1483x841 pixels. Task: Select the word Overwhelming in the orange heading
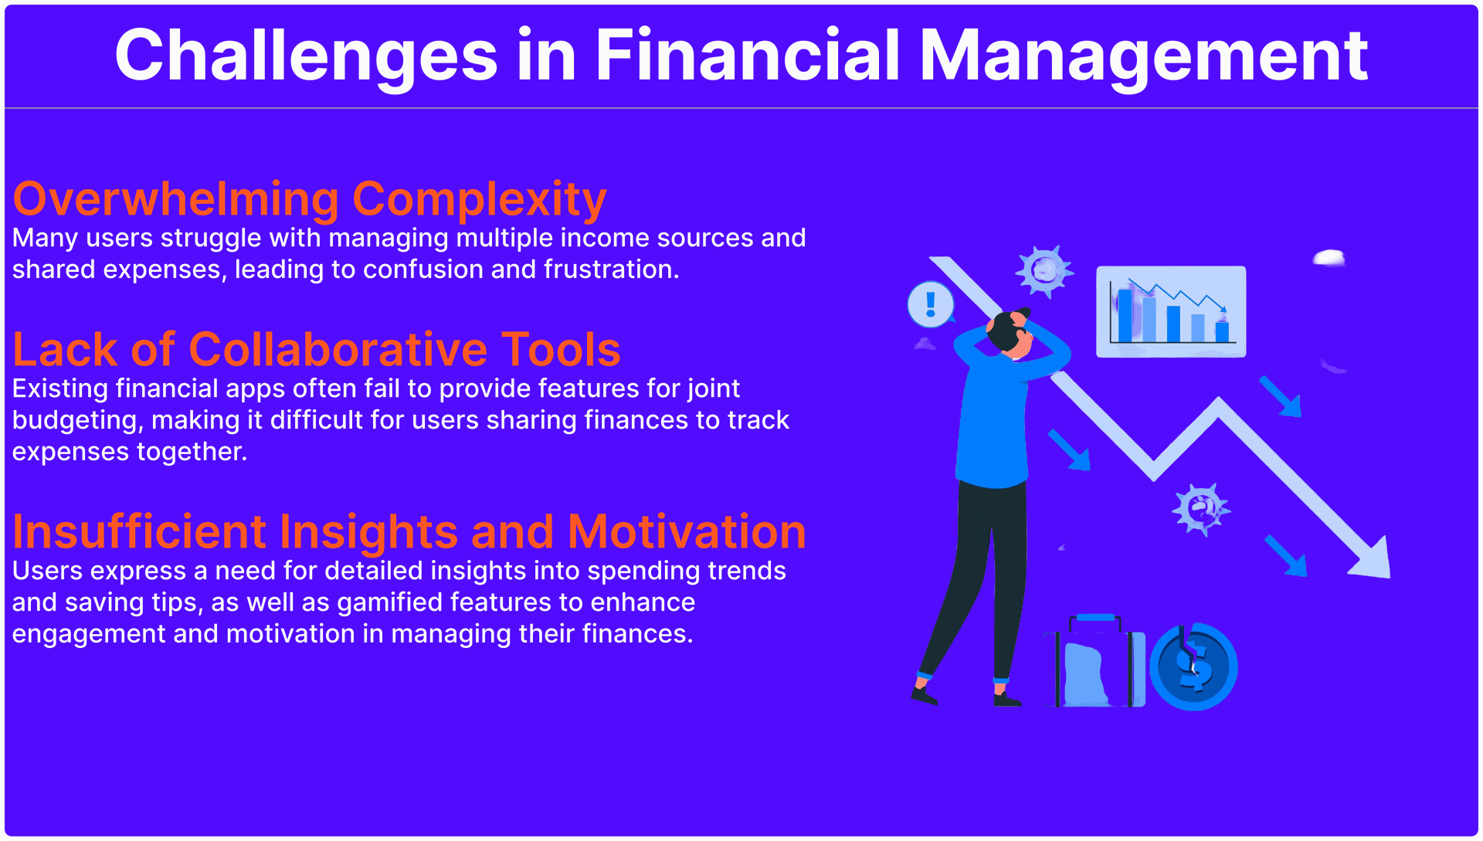pos(176,199)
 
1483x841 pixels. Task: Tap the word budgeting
pos(78,421)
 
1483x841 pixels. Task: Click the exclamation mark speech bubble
pos(931,304)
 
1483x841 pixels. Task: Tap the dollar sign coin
pos(1193,666)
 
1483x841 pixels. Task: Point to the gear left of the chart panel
pos(1044,271)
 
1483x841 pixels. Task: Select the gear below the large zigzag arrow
pos(1200,510)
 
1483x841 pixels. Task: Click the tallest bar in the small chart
pos(1125,315)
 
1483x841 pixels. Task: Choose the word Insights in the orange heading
pos(368,533)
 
